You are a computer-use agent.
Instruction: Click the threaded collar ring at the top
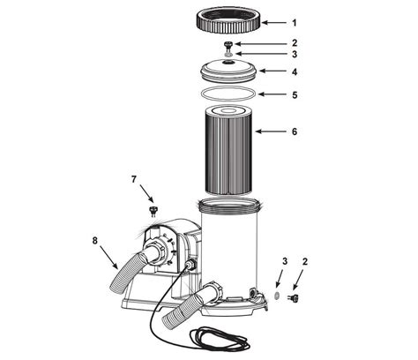(x=228, y=29)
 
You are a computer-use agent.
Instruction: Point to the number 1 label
(x=295, y=23)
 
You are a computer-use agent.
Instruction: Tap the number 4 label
(x=295, y=71)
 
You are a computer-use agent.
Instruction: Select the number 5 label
(x=295, y=95)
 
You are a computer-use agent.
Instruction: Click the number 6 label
(x=295, y=131)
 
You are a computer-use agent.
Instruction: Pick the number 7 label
(x=134, y=179)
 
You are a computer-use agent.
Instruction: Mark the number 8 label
(x=94, y=240)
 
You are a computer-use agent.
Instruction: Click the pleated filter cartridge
(x=228, y=150)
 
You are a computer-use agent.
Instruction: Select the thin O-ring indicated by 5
(x=228, y=93)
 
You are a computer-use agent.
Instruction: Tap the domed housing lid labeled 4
(x=228, y=71)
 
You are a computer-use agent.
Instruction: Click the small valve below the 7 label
(x=153, y=211)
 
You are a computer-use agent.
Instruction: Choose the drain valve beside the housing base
(x=293, y=298)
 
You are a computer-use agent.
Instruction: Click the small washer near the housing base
(x=276, y=296)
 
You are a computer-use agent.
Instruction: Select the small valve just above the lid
(x=228, y=46)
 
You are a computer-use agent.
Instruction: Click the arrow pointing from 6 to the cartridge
(x=271, y=131)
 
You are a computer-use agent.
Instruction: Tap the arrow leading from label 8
(x=109, y=258)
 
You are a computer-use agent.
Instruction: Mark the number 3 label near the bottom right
(x=285, y=261)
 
